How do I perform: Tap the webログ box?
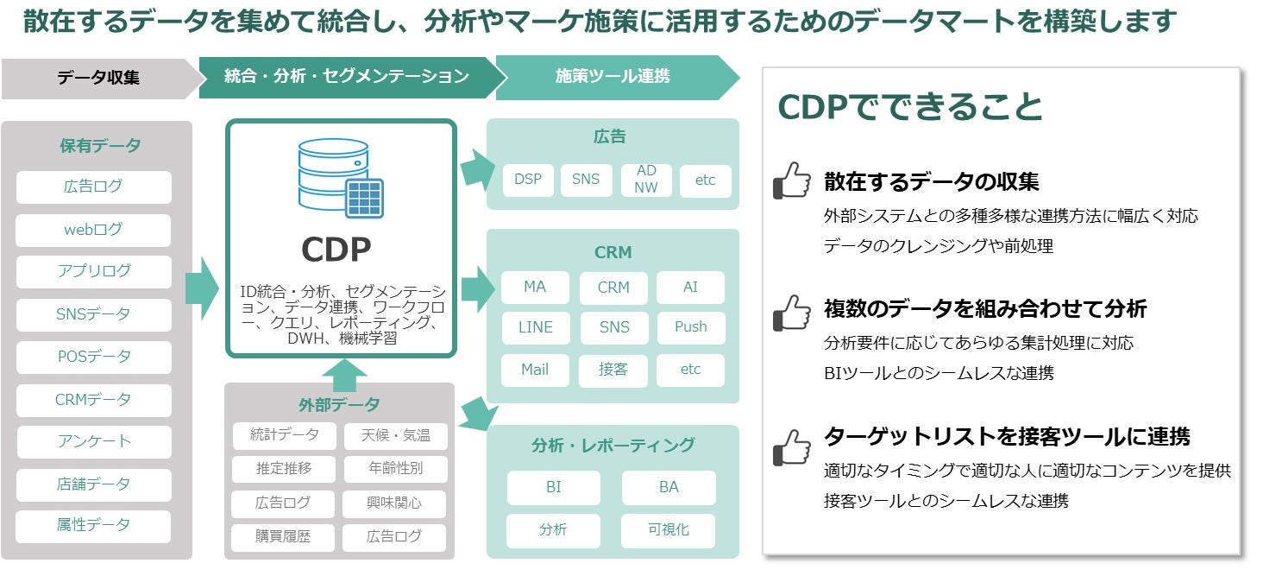[x=93, y=230]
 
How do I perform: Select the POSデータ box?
[x=93, y=357]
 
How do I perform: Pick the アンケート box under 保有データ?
[x=93, y=441]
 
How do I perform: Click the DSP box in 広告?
[x=528, y=180]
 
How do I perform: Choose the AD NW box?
[x=646, y=180]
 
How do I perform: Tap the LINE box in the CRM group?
[x=535, y=327]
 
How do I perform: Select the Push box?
[x=690, y=327]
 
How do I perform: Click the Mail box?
[x=535, y=370]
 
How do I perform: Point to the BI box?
[x=553, y=487]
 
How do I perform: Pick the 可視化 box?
[x=669, y=529]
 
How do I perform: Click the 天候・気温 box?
[x=395, y=435]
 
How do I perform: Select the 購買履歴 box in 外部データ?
[x=283, y=536]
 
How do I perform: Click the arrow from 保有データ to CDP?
[x=203, y=287]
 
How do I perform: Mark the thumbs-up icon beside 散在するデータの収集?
[x=791, y=180]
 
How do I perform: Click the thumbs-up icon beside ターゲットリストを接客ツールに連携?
[x=791, y=446]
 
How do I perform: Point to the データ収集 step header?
[x=98, y=77]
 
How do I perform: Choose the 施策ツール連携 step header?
[x=613, y=77]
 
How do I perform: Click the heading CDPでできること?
[x=910, y=107]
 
